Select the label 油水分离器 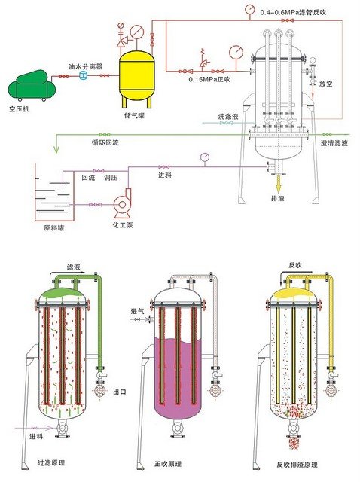click(85, 66)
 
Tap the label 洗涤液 click(228, 117)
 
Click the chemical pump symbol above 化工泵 click(121, 204)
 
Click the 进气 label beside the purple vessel click(138, 310)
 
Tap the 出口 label click(118, 392)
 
